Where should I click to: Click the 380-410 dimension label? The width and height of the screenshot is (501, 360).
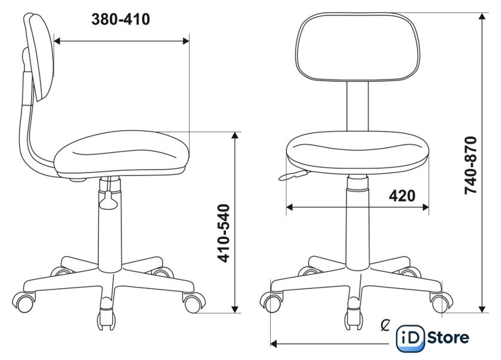click(120, 20)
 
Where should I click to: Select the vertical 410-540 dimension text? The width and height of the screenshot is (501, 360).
click(224, 233)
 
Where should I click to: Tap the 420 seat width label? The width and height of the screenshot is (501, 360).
click(402, 196)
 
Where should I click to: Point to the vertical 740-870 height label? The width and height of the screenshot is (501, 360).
click(471, 165)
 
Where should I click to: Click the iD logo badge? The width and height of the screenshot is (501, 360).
click(410, 339)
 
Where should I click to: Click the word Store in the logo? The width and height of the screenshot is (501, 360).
click(448, 338)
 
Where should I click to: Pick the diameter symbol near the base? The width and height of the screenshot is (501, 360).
click(386, 325)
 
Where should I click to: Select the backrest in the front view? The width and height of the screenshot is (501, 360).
click(357, 47)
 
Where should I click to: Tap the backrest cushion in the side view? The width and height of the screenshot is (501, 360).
click(40, 56)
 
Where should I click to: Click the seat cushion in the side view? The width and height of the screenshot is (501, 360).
click(122, 153)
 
